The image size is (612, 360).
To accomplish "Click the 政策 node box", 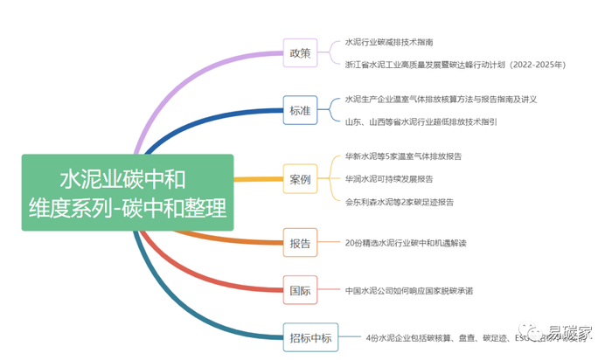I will (300, 53).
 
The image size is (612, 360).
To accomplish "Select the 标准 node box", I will (300, 110).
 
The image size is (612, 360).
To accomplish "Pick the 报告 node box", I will (300, 243).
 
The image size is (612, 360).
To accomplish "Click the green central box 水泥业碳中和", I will (128, 193).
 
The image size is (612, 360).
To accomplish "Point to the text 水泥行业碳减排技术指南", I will (389, 42).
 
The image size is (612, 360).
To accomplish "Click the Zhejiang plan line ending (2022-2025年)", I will (455, 64).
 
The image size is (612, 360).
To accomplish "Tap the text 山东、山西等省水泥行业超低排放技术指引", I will (421, 121).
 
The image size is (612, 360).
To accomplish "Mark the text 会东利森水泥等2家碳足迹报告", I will (399, 201).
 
